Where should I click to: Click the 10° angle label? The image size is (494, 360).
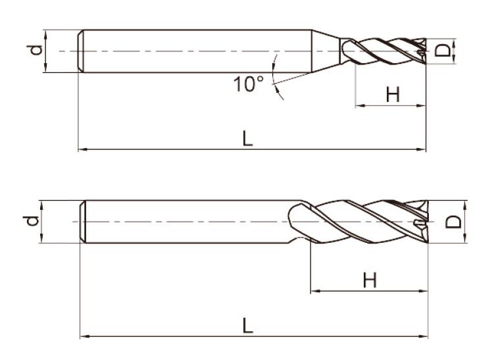[249, 84]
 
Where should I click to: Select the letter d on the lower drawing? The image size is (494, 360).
[32, 220]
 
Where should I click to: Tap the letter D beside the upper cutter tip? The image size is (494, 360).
[443, 51]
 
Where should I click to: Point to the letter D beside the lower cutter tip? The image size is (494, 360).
[453, 222]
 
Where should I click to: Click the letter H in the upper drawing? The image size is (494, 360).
[393, 94]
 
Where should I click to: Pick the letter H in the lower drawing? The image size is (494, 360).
[370, 280]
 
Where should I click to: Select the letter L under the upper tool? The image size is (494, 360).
[247, 138]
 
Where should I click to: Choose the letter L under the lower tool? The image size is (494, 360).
[247, 325]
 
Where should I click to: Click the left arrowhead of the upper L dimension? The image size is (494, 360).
[82, 149]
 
